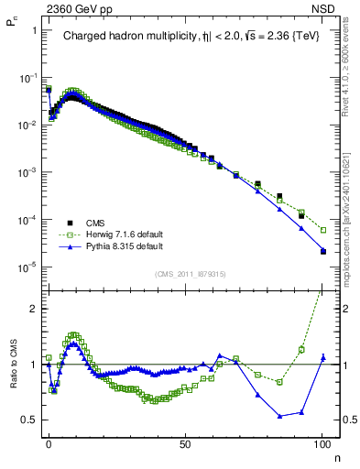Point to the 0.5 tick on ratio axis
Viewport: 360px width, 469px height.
31,420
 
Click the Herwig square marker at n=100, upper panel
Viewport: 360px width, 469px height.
322,230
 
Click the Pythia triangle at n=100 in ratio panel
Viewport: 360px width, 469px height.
322,357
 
